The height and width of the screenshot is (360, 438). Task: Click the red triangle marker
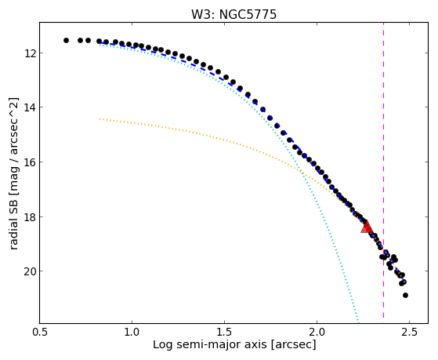tap(367, 227)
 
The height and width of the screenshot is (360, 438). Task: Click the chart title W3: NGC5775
tap(233, 15)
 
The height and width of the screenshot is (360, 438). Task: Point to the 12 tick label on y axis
tap(29, 53)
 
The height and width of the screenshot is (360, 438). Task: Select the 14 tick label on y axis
tap(29, 107)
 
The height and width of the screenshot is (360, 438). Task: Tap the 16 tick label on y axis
tap(29, 162)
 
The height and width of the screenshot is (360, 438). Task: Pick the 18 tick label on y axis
tap(29, 216)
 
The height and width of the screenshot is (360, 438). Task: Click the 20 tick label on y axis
tap(29, 271)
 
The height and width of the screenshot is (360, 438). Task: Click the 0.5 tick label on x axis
tap(40, 333)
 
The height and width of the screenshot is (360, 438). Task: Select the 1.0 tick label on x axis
tap(132, 333)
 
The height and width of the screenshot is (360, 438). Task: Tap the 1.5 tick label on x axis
tap(224, 333)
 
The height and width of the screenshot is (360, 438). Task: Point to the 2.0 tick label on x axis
tap(317, 333)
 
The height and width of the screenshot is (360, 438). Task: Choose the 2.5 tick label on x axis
tap(409, 333)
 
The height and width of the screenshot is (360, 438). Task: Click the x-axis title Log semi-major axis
tap(210, 345)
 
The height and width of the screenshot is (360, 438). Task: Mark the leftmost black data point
tap(66, 40)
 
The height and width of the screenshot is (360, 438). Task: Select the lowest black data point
tap(405, 295)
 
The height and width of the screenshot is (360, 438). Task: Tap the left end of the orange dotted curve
tap(100, 119)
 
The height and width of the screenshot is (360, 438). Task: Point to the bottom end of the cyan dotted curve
tap(358, 320)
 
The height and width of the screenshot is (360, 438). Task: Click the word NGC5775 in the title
tap(248, 15)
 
